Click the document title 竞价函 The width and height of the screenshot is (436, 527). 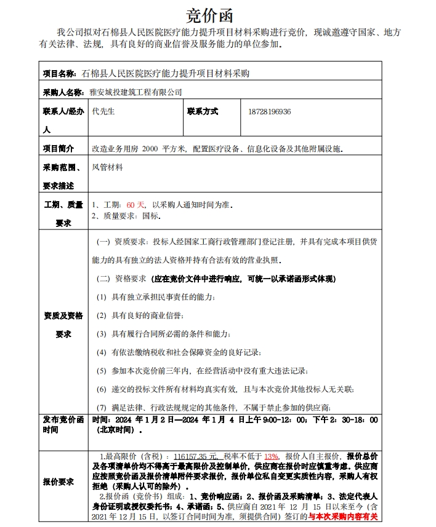[209, 14]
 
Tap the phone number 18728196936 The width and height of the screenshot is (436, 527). [270, 112]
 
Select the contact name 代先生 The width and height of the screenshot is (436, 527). [103, 112]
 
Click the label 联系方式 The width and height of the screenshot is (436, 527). [203, 112]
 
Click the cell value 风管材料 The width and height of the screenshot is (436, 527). [107, 167]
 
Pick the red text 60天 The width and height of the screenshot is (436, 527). [135, 205]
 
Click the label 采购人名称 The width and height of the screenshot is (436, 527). [62, 92]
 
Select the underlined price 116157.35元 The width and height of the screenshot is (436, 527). [196, 457]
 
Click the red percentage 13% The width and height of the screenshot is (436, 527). [271, 457]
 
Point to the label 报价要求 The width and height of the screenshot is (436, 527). [59, 482]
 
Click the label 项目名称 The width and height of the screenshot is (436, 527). [59, 73]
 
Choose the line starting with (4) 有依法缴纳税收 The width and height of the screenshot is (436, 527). [179, 352]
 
